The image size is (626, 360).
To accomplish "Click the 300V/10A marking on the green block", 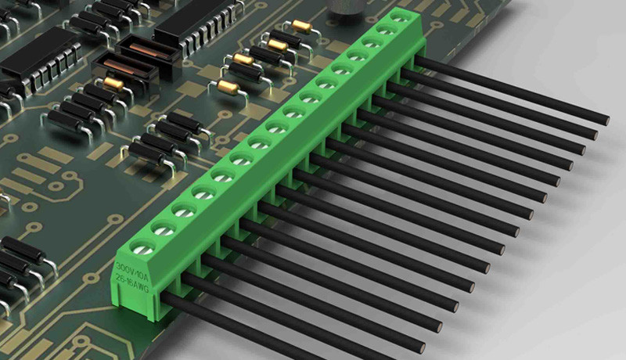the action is click(131, 269).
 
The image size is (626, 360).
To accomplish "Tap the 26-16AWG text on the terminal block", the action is click(131, 283).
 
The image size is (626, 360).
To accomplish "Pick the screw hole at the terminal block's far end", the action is click(400, 17).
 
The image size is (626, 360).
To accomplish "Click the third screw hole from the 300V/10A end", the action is click(185, 210).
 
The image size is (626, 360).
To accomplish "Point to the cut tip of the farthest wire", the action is click(606, 121).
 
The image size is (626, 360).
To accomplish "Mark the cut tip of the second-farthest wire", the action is click(595, 135).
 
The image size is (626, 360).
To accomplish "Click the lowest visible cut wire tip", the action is click(421, 347).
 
